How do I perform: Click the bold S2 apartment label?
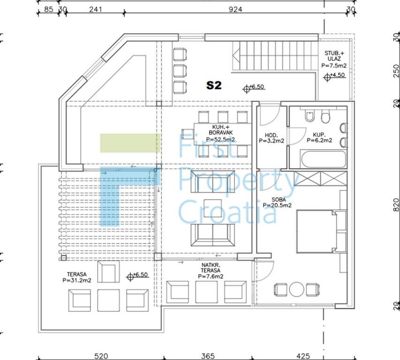click(214, 85)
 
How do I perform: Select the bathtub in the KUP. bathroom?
click(324, 159)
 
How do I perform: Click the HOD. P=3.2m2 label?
click(272, 138)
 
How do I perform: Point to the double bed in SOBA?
click(317, 232)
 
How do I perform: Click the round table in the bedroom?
click(297, 289)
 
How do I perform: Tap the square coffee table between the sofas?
click(212, 208)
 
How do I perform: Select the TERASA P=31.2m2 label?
click(77, 277)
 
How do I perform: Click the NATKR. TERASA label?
click(211, 270)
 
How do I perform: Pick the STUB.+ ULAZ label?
click(334, 59)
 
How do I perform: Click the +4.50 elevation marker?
click(334, 76)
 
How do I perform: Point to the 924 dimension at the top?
click(235, 9)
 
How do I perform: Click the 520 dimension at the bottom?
click(101, 356)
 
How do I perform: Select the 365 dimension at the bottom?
click(208, 356)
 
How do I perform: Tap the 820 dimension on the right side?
click(396, 205)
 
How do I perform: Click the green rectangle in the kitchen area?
click(130, 143)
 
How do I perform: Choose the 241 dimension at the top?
click(96, 9)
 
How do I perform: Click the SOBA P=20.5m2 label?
click(277, 202)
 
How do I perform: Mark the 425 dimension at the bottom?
click(303, 356)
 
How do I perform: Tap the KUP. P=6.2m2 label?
click(319, 137)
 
